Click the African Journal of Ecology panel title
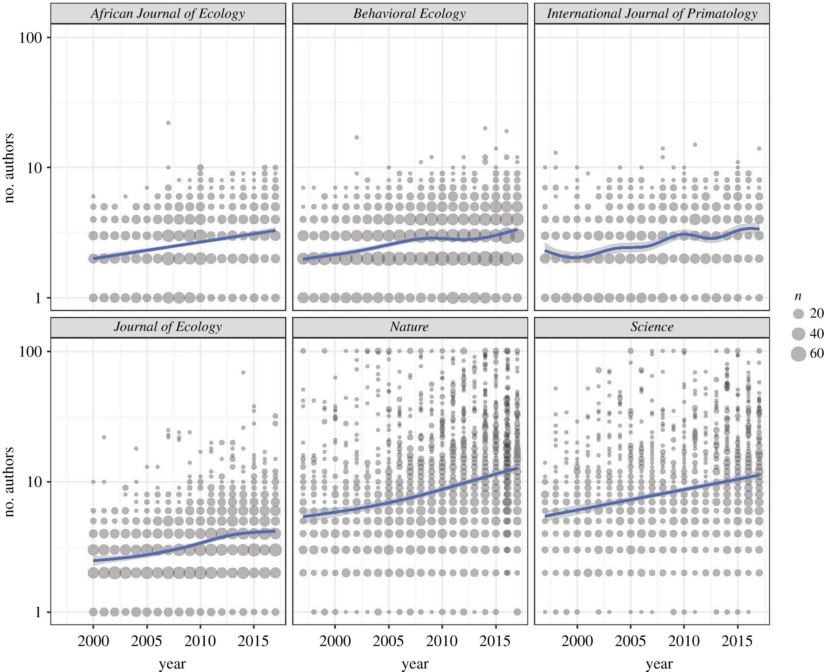click(168, 14)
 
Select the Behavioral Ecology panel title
click(410, 14)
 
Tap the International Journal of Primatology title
click(652, 14)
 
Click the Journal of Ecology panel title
click(168, 327)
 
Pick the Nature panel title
click(410, 327)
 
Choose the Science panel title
click(652, 327)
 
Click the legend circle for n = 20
click(799, 314)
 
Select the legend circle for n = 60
click(799, 354)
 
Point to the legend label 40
click(817, 334)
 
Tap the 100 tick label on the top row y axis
click(31, 37)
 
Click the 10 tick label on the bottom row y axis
click(34, 482)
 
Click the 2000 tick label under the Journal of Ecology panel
click(93, 641)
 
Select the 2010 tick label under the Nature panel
click(442, 641)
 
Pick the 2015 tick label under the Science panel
click(737, 641)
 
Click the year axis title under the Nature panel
click(415, 664)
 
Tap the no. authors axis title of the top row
click(9, 168)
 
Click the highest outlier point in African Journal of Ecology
click(168, 123)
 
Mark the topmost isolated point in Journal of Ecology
click(243, 373)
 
